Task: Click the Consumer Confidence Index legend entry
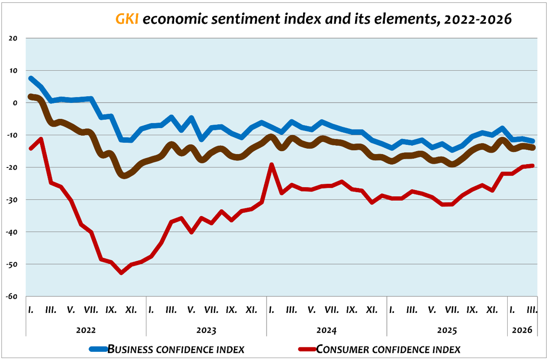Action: click(x=388, y=349)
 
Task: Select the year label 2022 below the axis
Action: click(x=86, y=331)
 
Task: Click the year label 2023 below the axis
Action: click(x=206, y=331)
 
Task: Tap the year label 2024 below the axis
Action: click(x=326, y=331)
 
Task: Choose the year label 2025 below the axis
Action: click(x=447, y=331)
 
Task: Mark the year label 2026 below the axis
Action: click(x=522, y=331)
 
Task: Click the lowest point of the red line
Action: click(x=121, y=272)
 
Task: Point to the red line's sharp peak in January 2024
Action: click(x=271, y=165)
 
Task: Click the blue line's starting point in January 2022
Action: click(x=31, y=78)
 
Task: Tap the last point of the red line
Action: click(x=533, y=166)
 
